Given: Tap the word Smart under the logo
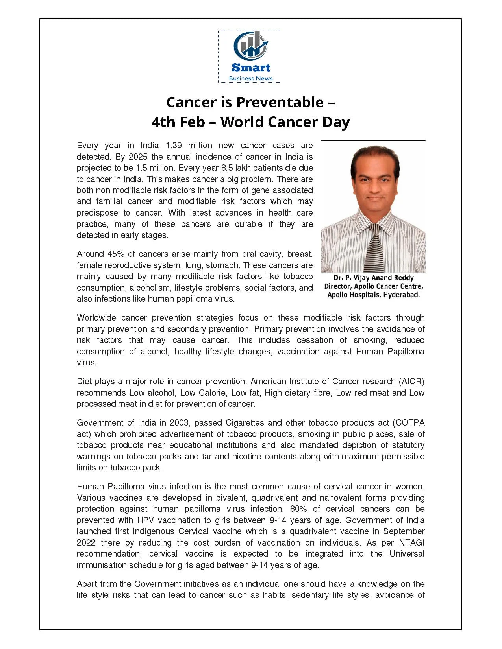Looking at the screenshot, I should (251, 68).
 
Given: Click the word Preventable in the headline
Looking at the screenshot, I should (280, 102).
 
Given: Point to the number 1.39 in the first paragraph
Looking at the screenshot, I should (173, 146).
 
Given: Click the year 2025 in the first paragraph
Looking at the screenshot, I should (138, 157).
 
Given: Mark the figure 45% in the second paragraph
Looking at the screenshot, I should (115, 254).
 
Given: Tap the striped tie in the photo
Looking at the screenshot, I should (375, 248).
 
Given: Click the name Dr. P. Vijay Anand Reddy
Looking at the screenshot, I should (374, 278).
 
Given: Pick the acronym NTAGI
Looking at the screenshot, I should (411, 543).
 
